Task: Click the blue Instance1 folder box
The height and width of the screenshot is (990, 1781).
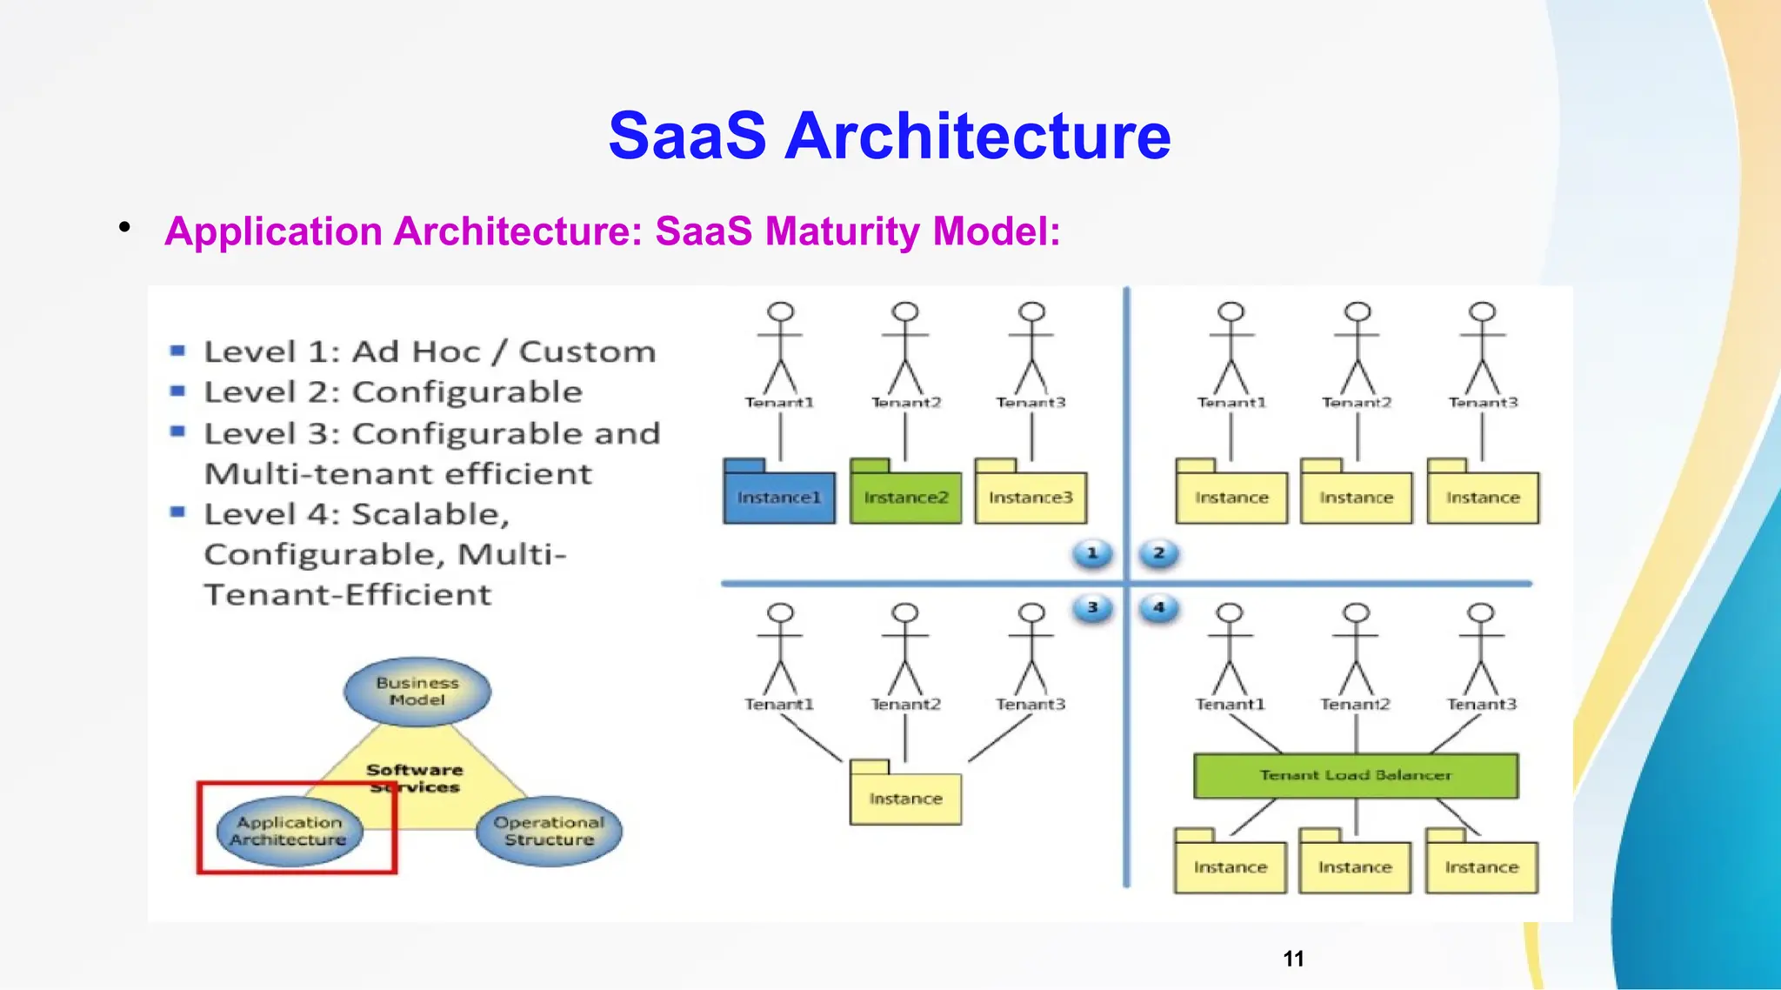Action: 778,497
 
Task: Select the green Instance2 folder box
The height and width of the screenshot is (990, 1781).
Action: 905,497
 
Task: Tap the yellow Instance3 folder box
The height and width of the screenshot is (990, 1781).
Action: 1031,497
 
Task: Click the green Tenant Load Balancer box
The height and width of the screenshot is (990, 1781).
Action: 1356,775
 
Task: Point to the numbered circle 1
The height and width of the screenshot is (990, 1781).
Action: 1092,553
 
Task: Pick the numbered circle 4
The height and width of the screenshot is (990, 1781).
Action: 1158,608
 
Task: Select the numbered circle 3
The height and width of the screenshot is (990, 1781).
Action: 1092,608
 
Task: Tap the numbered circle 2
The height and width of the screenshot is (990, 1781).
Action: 1158,553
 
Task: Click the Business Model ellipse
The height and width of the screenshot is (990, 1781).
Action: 417,692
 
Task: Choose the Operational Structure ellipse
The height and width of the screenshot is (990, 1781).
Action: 549,831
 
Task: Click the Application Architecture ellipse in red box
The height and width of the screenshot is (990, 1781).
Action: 289,831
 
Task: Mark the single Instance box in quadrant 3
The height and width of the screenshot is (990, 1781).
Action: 905,798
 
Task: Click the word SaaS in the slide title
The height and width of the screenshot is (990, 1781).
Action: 687,136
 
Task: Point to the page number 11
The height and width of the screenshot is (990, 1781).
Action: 1293,959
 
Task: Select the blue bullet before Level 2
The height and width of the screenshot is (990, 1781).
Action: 177,391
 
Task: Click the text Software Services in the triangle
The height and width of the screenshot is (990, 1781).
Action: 415,778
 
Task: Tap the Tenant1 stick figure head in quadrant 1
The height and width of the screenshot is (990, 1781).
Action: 780,312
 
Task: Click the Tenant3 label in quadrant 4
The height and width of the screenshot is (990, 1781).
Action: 1481,704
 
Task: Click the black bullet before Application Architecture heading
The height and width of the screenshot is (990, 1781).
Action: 125,228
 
